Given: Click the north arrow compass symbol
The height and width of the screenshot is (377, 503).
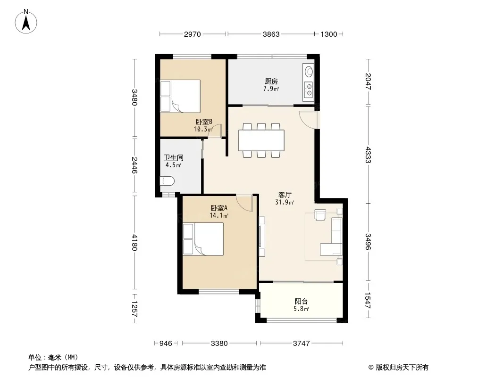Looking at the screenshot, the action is [26, 22].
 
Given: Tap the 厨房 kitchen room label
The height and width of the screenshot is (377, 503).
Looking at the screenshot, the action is [271, 82].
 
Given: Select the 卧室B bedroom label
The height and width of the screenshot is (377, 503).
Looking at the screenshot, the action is [204, 122].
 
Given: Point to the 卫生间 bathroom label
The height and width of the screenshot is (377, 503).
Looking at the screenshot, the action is [174, 157].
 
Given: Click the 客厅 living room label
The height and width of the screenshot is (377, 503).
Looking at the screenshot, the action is [285, 195].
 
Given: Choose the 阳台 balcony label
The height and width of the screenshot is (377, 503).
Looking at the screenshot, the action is [301, 302].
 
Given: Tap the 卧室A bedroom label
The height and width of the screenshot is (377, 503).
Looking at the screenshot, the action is [219, 208].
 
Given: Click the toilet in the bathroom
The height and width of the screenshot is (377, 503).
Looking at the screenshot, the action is [167, 181].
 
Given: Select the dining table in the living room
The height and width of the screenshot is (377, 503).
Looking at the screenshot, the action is [261, 140].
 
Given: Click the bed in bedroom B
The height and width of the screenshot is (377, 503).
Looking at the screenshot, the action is [180, 96].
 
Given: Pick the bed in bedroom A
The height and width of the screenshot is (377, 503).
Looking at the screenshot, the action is [203, 239].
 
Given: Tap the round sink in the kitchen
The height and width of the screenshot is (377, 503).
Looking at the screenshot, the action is [309, 71].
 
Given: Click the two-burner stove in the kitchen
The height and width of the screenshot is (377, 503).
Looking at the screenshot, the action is [309, 90].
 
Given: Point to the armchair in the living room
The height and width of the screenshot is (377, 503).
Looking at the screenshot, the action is [320, 214].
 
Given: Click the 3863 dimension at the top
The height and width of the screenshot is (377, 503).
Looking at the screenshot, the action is [271, 34].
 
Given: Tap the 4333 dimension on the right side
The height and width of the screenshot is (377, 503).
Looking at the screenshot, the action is [368, 155].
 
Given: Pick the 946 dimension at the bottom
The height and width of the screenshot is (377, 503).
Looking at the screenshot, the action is [166, 344].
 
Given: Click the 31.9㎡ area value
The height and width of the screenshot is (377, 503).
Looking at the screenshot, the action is [285, 202].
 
